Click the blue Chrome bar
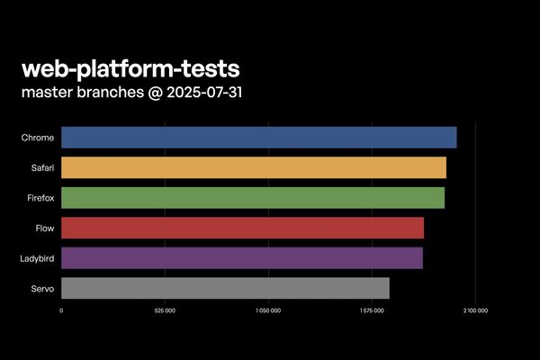tap(259, 138)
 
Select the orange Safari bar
tap(254, 167)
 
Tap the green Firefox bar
tap(253, 198)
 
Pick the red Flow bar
tap(242, 228)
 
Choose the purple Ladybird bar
tap(242, 258)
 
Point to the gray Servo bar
tap(225, 288)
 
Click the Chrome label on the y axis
tap(38, 138)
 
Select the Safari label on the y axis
tap(41, 168)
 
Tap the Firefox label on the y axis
tap(40, 198)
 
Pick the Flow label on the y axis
tap(44, 229)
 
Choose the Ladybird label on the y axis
tap(37, 259)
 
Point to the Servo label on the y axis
tap(42, 289)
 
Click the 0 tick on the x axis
tap(61, 311)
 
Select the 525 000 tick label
tap(165, 311)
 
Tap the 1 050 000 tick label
tap(268, 311)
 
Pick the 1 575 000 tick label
tap(372, 311)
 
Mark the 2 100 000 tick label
tap(475, 311)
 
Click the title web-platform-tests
tap(130, 69)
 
